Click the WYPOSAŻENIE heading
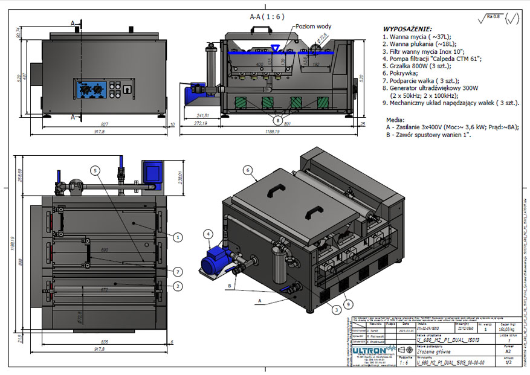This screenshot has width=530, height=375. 407,28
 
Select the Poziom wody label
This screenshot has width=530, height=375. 312,27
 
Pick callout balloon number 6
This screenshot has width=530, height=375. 247,171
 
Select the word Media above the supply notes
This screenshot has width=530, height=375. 393,120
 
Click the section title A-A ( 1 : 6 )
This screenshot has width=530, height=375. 266,16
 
